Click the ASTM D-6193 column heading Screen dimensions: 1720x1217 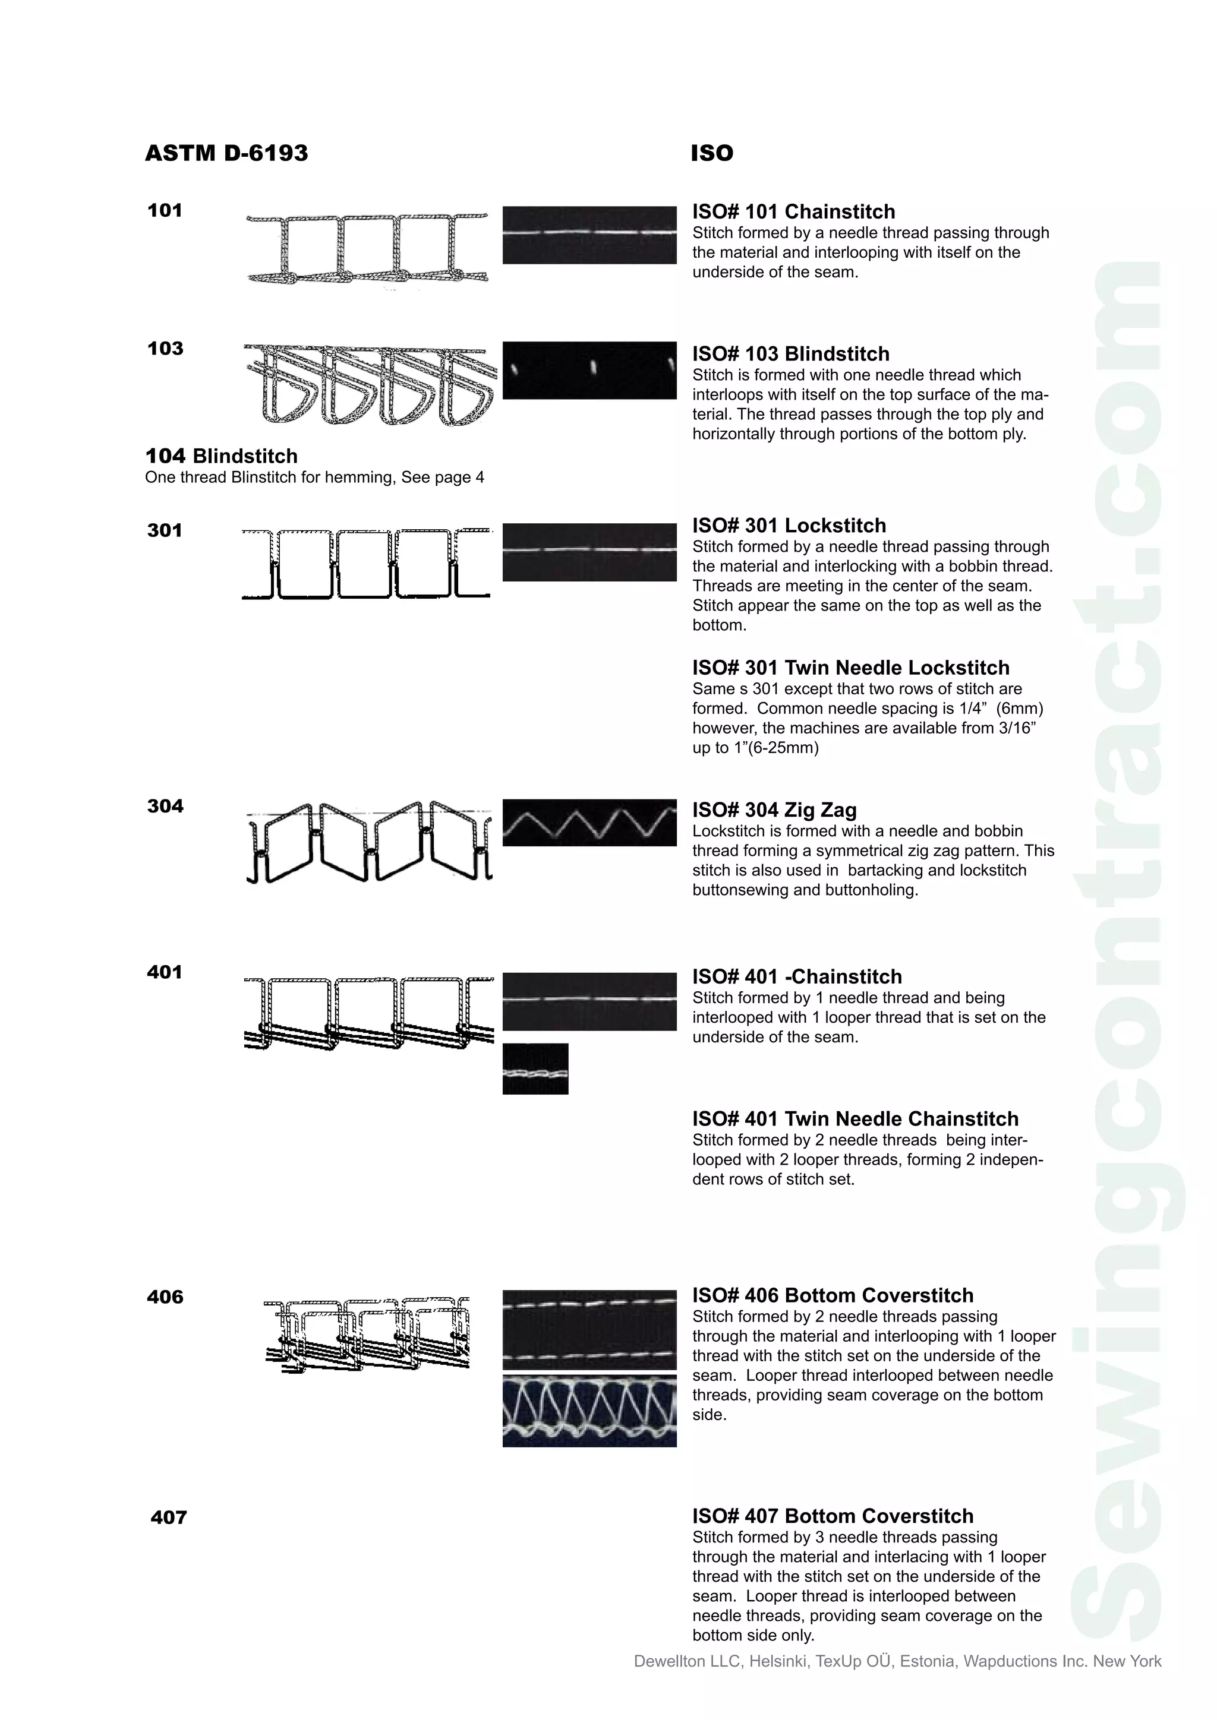pos(226,154)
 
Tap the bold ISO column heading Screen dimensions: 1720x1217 pos(711,154)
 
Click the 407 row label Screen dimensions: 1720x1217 pos(169,1517)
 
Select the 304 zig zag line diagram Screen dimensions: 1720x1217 pos(368,842)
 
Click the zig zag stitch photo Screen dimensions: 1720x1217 pos(589,823)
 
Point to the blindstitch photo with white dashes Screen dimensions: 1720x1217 pos(589,370)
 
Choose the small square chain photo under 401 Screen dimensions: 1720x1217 pos(535,1068)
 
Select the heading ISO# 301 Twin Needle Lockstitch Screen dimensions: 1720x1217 pos(850,668)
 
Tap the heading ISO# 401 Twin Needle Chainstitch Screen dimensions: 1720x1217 pos(855,1118)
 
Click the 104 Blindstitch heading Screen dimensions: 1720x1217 pos(222,456)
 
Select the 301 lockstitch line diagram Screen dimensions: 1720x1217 pos(367,564)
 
